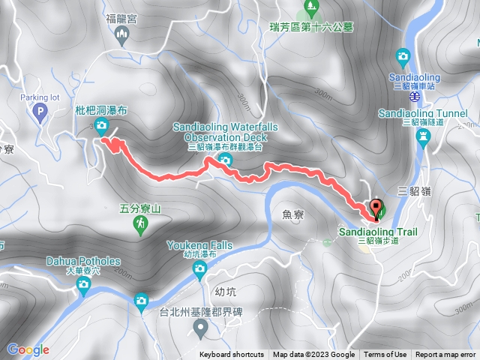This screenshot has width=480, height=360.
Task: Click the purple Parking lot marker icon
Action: click(x=40, y=113)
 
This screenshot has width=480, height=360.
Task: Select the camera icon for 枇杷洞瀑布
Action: click(x=100, y=125)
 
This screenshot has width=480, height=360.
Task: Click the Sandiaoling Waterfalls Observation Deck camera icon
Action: click(x=225, y=160)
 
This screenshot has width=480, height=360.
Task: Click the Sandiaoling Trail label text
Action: click(x=378, y=232)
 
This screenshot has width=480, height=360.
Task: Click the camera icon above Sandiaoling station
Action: click(x=403, y=55)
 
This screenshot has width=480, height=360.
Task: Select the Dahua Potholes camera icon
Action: click(x=83, y=283)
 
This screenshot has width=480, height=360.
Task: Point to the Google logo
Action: click(x=28, y=349)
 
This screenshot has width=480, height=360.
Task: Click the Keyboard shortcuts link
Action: click(x=231, y=355)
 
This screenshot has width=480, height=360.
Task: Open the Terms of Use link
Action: click(x=385, y=355)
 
